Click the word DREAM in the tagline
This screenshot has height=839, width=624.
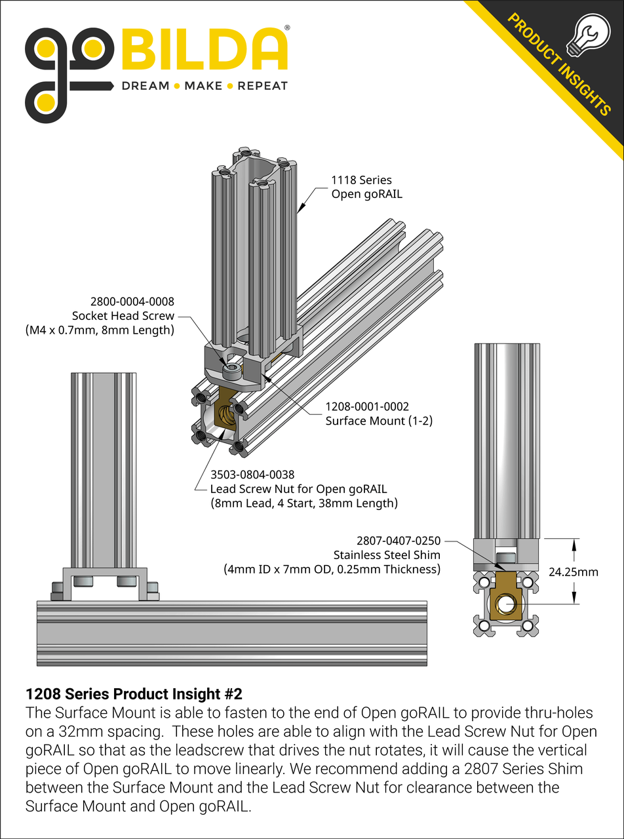point(146,86)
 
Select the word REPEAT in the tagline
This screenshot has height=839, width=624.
point(262,86)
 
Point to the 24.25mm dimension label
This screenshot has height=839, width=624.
point(573,572)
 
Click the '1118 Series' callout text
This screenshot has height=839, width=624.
point(361,180)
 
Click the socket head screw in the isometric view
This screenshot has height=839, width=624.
point(231,372)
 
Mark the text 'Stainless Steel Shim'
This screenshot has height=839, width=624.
point(387,555)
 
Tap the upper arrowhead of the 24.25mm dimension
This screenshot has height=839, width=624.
point(575,543)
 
